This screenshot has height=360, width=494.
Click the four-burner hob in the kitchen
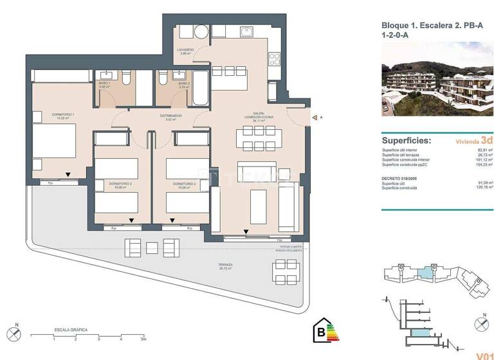pyautogui.click(x=275, y=59)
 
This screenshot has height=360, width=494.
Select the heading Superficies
pyautogui.click(x=407, y=140)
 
